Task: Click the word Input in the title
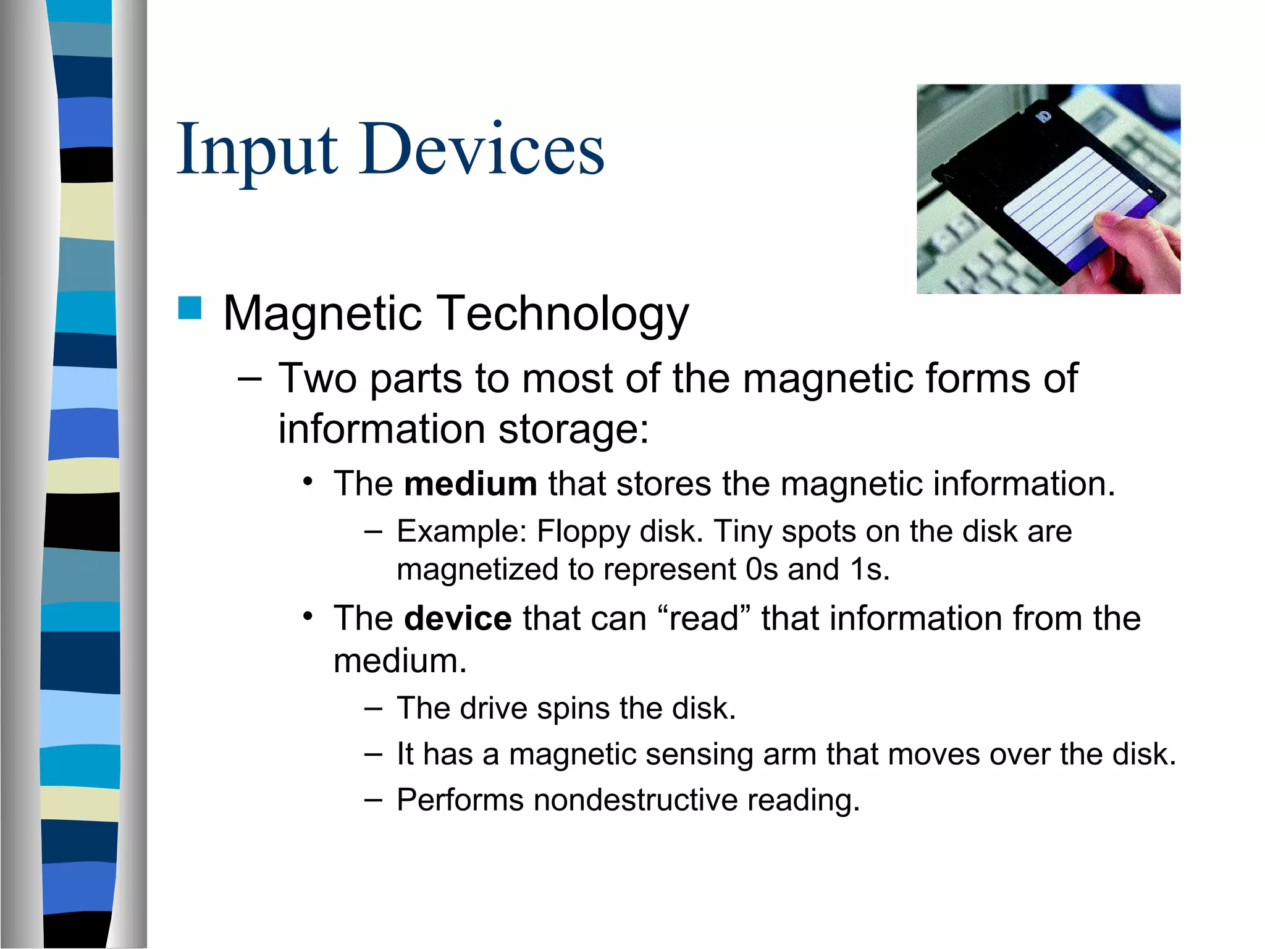(256, 150)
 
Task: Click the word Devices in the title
(482, 150)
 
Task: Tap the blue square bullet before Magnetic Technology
(190, 308)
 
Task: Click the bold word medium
(470, 484)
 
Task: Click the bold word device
(458, 618)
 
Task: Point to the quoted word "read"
(704, 618)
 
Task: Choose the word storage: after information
(574, 429)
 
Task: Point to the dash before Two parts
(250, 379)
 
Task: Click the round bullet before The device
(309, 617)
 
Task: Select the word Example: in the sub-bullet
(461, 532)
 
